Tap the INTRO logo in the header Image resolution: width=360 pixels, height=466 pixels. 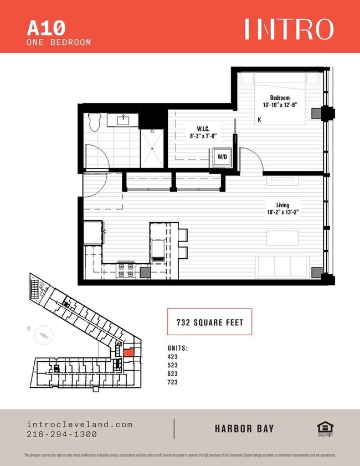(x=289, y=29)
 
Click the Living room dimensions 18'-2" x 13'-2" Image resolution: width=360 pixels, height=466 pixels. (x=283, y=211)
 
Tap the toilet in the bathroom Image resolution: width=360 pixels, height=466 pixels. (x=94, y=121)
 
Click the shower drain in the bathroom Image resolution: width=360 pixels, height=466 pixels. (x=152, y=147)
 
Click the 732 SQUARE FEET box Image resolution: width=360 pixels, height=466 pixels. (x=209, y=321)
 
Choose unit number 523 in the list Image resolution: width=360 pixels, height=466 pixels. (x=172, y=365)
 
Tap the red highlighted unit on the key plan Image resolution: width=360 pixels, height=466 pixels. (x=128, y=351)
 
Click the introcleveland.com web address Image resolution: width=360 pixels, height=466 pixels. (x=80, y=424)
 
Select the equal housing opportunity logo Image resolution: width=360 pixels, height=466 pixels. (x=323, y=428)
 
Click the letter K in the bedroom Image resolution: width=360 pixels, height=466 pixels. (x=259, y=119)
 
